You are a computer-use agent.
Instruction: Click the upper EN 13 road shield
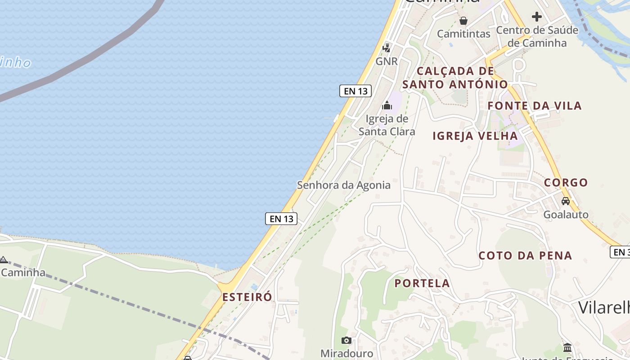[355, 91]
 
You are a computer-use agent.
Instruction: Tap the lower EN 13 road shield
[281, 219]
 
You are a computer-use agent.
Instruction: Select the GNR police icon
[386, 48]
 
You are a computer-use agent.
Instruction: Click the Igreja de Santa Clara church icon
[387, 106]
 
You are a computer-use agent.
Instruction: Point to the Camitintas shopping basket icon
[463, 21]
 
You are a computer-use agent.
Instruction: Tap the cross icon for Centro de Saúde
[536, 17]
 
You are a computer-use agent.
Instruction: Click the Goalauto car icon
[566, 201]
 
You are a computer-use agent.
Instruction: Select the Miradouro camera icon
[346, 340]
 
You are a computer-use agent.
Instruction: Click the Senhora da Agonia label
[344, 185]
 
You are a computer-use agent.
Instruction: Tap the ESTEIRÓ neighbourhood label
[247, 297]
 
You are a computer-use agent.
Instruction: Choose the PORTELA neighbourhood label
[422, 283]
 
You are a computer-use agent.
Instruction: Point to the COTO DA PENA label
[525, 256]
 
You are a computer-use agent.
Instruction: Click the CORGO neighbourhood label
[566, 182]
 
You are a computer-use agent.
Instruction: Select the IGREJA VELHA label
[475, 136]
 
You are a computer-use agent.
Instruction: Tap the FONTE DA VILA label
[535, 106]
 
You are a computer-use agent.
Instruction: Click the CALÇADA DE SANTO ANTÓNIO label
[455, 77]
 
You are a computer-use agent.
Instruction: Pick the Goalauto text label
[566, 214]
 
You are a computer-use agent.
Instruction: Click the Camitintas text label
[463, 34]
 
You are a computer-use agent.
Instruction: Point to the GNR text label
[387, 61]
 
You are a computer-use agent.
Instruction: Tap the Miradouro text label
[346, 353]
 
